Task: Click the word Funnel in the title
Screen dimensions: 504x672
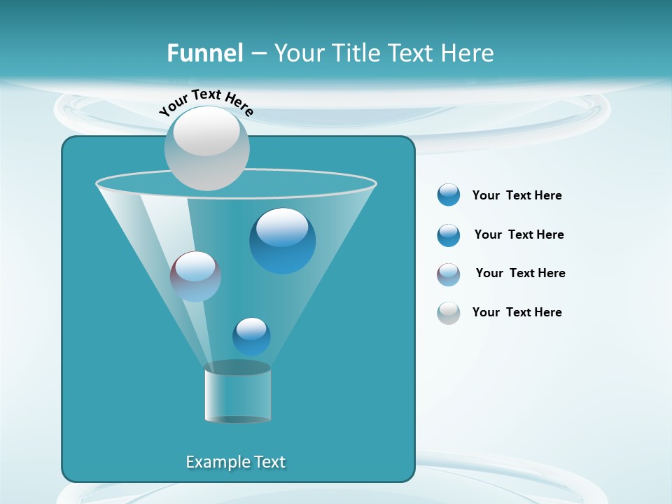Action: pyautogui.click(x=204, y=53)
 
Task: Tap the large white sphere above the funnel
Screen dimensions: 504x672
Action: pyautogui.click(x=206, y=148)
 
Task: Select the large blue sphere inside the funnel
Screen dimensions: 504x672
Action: pyautogui.click(x=282, y=241)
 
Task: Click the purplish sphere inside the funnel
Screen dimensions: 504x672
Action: pyautogui.click(x=195, y=277)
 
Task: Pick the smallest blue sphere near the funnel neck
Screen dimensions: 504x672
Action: pyautogui.click(x=251, y=337)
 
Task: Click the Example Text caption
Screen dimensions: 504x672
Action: pyautogui.click(x=235, y=462)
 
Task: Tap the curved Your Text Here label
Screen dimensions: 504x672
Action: pyautogui.click(x=206, y=101)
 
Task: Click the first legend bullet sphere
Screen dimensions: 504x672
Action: pyautogui.click(x=448, y=195)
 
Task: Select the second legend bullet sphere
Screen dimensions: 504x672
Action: pyautogui.click(x=448, y=235)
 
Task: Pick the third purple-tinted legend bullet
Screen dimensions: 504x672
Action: pyautogui.click(x=448, y=274)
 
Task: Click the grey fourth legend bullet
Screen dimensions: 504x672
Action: pyautogui.click(x=448, y=313)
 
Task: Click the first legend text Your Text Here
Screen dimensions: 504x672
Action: pyautogui.click(x=517, y=195)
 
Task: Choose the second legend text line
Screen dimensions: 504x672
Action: pyautogui.click(x=519, y=234)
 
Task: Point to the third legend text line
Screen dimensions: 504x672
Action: pyautogui.click(x=520, y=273)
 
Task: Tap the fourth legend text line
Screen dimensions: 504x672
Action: pyautogui.click(x=517, y=312)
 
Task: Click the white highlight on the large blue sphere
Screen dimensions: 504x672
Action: pyautogui.click(x=282, y=227)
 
